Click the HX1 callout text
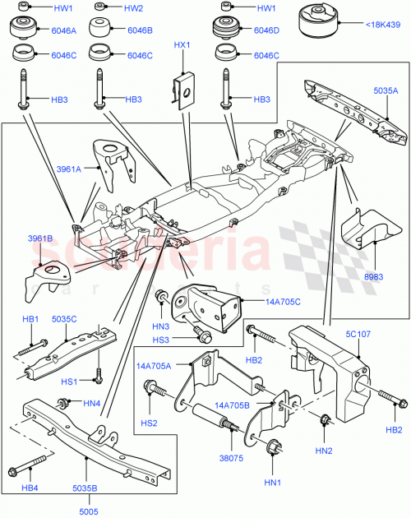pos(182,45)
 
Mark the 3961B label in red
pos(40,238)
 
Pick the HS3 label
pos(160,340)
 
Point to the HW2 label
pos(132,8)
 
